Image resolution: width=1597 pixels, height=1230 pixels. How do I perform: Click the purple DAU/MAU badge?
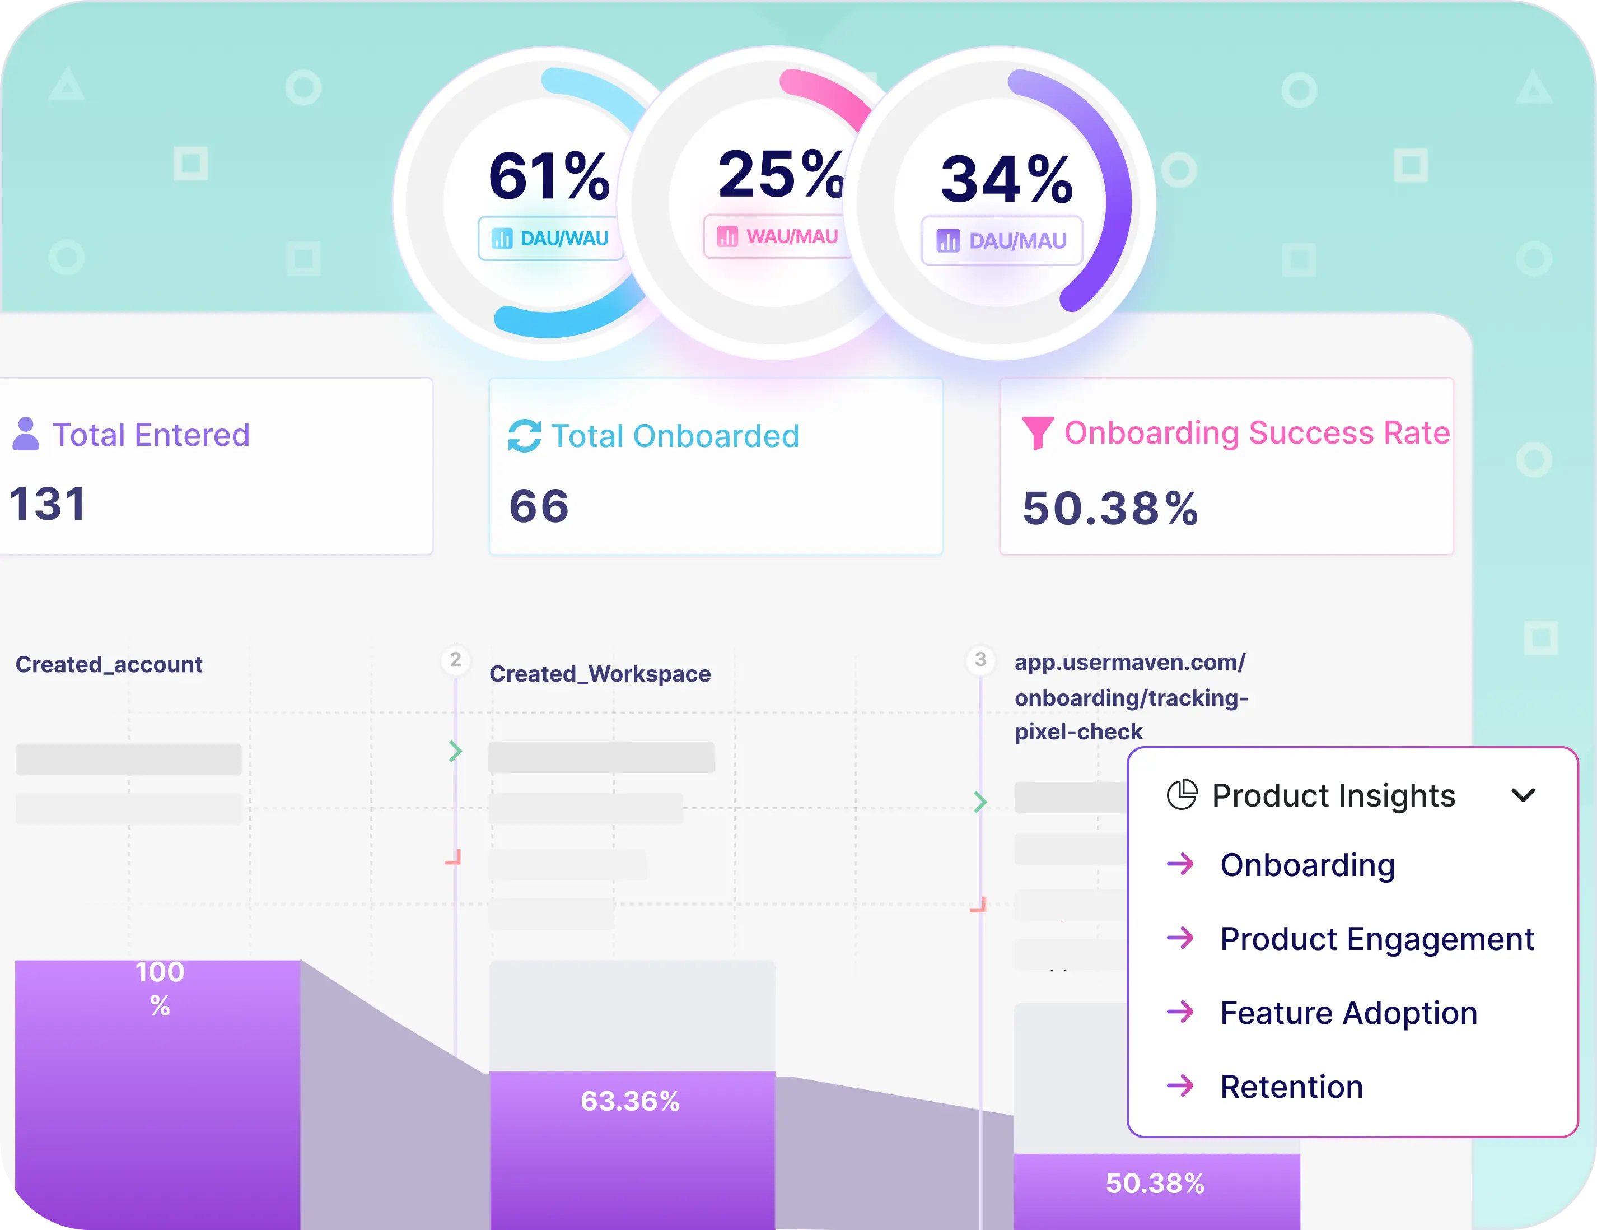point(1002,241)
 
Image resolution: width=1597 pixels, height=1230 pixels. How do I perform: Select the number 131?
point(48,504)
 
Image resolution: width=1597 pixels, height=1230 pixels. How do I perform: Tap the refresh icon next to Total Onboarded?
point(524,436)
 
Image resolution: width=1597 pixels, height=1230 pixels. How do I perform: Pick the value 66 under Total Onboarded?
point(539,506)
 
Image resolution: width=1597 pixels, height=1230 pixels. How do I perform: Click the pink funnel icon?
point(1037,433)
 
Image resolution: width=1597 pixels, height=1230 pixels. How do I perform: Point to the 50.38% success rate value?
point(1110,508)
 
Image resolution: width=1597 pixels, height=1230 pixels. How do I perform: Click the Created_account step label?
point(109,664)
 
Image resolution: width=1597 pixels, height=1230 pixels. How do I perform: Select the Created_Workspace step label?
point(600,673)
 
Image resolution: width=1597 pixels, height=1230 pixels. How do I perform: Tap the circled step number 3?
point(980,660)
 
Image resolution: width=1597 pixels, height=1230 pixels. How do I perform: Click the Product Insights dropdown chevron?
point(1523,795)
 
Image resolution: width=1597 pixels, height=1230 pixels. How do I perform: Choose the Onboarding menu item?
point(1308,865)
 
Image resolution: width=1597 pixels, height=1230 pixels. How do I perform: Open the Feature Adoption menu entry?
point(1348,1013)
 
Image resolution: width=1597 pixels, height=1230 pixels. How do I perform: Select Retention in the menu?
point(1291,1087)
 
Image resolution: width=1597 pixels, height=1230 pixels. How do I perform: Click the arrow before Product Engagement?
point(1180,938)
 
